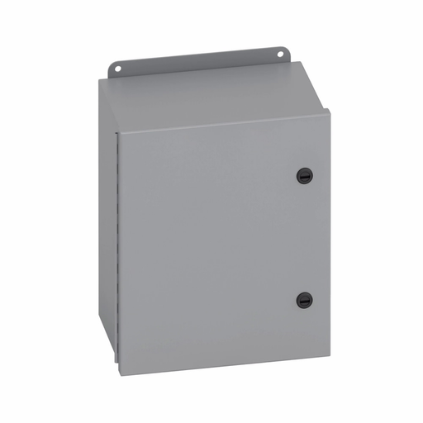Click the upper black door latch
pyautogui.click(x=303, y=175)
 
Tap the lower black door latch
pyautogui.click(x=303, y=299)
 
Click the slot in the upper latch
pyautogui.click(x=303, y=176)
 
